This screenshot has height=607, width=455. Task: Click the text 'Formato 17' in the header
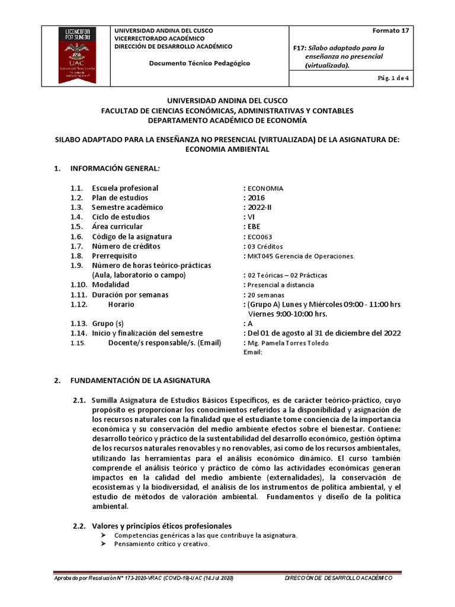390,30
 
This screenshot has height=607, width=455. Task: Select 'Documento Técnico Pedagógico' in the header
199,63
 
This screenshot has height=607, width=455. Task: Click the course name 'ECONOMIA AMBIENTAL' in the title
227,149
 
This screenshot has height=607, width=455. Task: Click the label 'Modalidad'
110,285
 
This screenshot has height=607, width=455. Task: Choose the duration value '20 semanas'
266,295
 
